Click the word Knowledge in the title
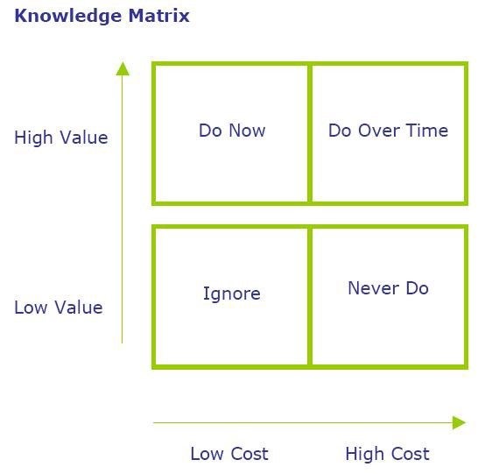pos(68,17)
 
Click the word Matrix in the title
pos(159,15)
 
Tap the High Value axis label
pos(61,138)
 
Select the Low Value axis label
pos(59,308)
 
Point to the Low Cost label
pos(229,454)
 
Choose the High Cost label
pos(387,454)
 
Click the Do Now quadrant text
pos(232,131)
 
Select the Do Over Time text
pos(388,131)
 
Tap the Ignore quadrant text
pos(232,294)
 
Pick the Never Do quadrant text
pos(388,288)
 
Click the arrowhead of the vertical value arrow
pos(123,69)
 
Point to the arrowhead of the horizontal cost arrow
pos(460,422)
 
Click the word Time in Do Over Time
pos(426,131)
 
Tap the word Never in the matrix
pos(374,288)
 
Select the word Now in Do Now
pos(247,131)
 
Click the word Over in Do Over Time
pos(379,131)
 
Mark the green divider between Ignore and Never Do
pos(310,296)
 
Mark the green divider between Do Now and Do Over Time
pos(310,133)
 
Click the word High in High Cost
pos(364,454)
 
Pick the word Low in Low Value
pos(31,308)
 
